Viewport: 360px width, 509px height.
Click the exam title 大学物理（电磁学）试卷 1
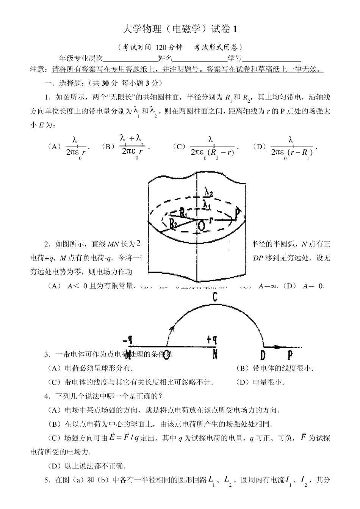(x=180, y=29)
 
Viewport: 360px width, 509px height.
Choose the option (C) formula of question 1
(x=211, y=147)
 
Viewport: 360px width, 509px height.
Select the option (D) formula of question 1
(x=291, y=147)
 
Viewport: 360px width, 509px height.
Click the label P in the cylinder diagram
(x=238, y=214)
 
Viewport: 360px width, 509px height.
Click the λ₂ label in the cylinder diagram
(x=208, y=193)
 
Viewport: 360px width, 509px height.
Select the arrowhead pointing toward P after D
(x=277, y=346)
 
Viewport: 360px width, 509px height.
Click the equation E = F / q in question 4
(x=124, y=438)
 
